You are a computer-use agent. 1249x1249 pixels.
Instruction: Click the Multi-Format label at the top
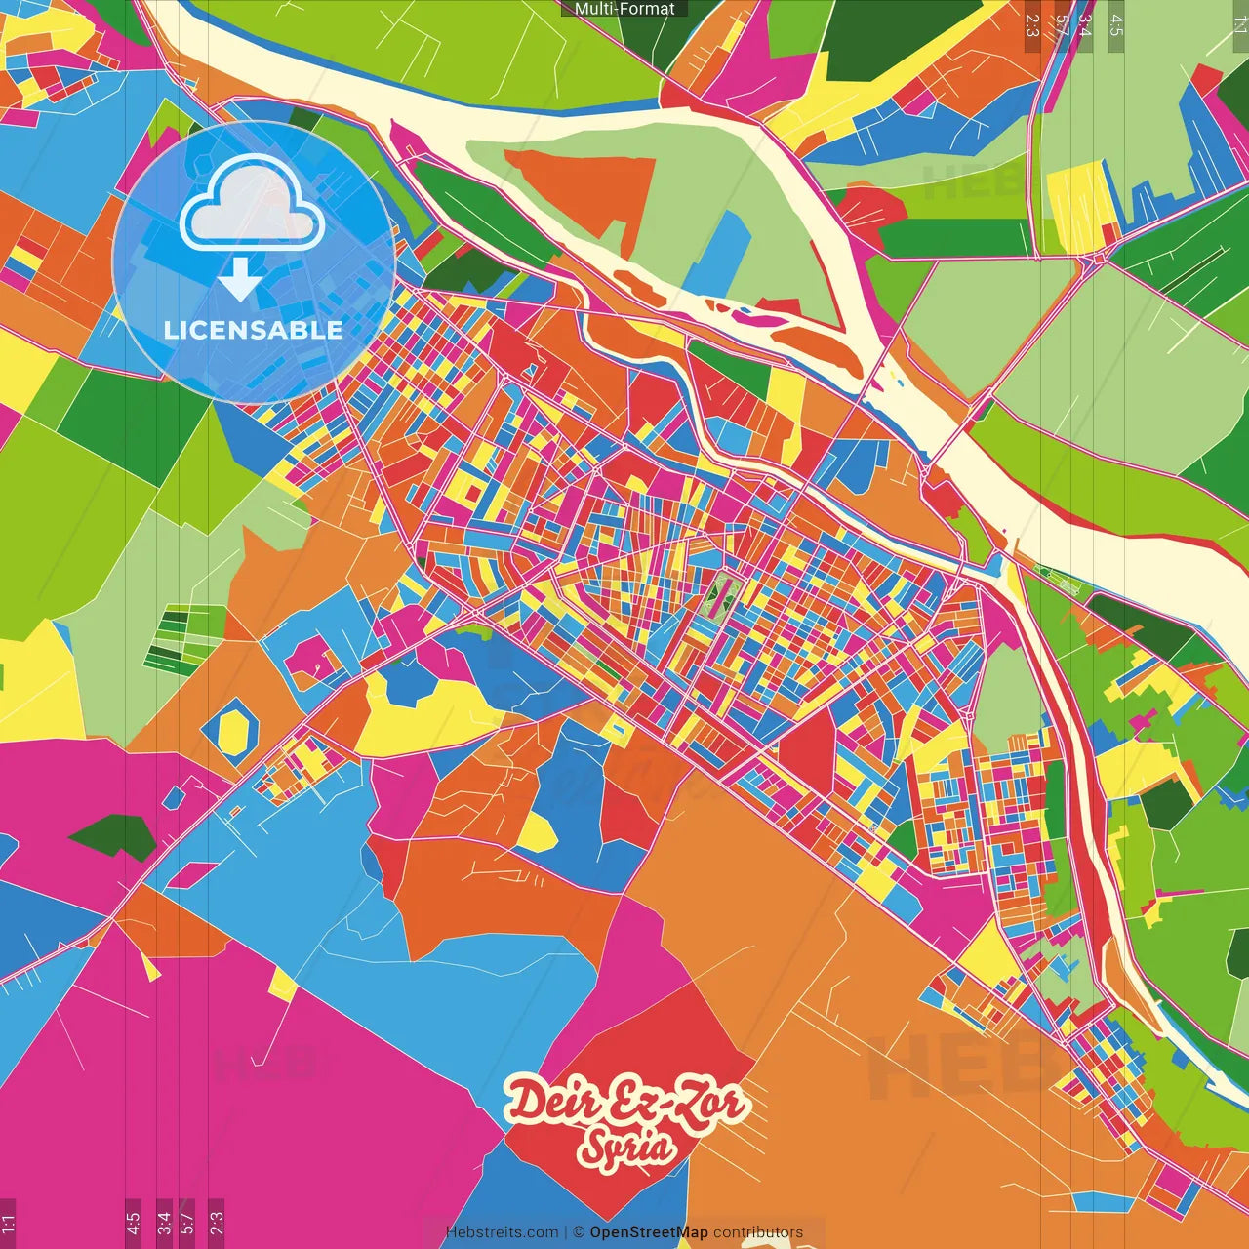(x=624, y=9)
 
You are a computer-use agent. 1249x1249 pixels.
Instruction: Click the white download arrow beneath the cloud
(x=239, y=279)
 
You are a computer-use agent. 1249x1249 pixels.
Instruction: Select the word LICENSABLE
(x=253, y=330)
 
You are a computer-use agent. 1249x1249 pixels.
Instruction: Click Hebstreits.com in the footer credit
(x=502, y=1232)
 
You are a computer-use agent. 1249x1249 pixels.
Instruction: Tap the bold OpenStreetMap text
(x=648, y=1232)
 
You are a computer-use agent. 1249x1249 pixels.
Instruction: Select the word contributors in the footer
(x=758, y=1232)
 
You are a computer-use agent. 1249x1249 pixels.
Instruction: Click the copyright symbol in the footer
(x=578, y=1232)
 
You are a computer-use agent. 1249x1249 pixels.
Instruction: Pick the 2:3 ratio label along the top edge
(x=1032, y=25)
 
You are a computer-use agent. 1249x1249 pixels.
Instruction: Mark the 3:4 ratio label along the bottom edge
(x=164, y=1223)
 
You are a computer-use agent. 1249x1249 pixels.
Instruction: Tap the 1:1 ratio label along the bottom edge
(x=8, y=1223)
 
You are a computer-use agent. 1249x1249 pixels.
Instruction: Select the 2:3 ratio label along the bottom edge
(x=217, y=1223)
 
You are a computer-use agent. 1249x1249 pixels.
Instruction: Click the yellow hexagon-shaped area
(x=234, y=732)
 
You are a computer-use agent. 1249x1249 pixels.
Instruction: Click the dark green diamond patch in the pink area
(x=113, y=836)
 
